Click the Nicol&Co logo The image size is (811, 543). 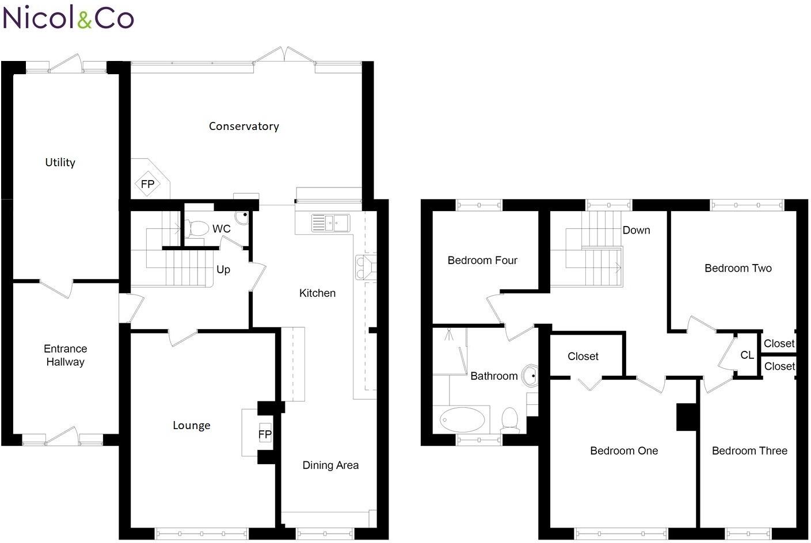coord(68,17)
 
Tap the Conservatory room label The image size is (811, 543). coord(244,126)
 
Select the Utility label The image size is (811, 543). coord(60,162)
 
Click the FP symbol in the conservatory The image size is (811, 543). coord(147,184)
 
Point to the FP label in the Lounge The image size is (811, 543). coord(265,434)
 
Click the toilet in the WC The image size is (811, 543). coord(197,228)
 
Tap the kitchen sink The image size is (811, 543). coord(330,223)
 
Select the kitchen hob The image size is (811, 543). coord(365,267)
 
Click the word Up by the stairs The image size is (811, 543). coord(223,270)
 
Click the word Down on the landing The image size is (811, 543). coord(636,230)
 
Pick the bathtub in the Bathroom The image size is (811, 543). coord(462,420)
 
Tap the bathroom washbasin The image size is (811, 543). coord(530,376)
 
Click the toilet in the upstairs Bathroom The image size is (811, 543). coord(510,420)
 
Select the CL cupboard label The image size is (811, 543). coord(747,355)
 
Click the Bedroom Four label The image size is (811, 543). coord(482,260)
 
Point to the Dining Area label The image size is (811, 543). coord(330,465)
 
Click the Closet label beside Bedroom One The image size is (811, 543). coord(583,356)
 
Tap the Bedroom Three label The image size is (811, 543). coord(749,451)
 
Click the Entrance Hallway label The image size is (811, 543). coord(65,355)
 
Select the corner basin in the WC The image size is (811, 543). coord(242,217)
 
